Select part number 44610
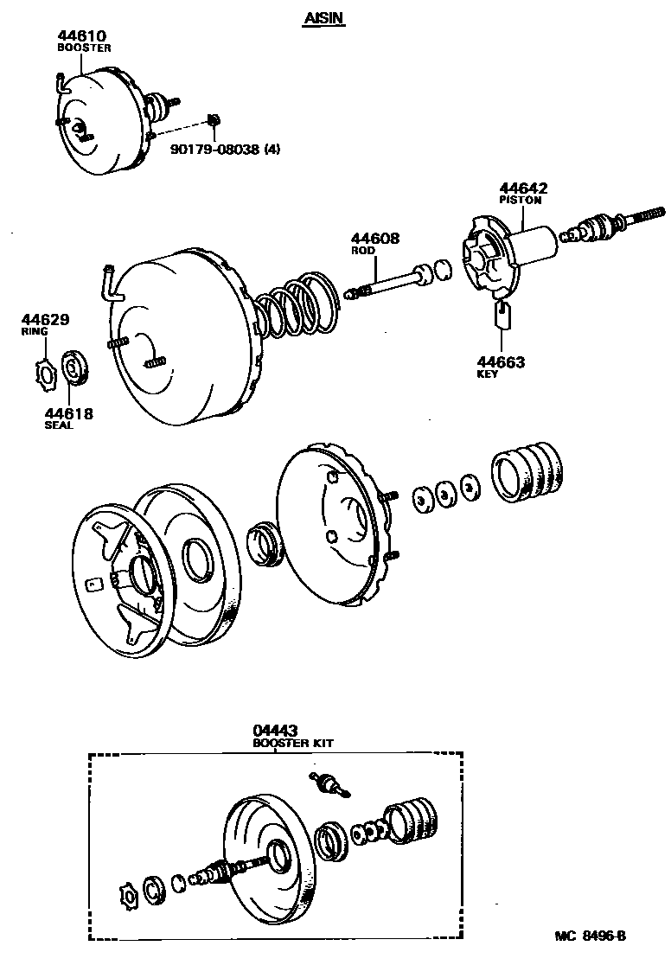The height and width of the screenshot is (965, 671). coord(81,36)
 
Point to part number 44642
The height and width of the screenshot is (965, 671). coord(523,189)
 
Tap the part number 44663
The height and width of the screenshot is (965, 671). coord(501,362)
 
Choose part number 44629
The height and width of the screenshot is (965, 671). coord(46,320)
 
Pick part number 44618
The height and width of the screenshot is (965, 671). coord(68,414)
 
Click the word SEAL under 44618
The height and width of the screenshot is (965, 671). coord(60,425)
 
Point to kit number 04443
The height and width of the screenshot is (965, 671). coord(274,732)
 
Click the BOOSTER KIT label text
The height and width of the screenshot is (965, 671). coord(292,744)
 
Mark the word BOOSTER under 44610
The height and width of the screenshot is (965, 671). coord(84,48)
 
